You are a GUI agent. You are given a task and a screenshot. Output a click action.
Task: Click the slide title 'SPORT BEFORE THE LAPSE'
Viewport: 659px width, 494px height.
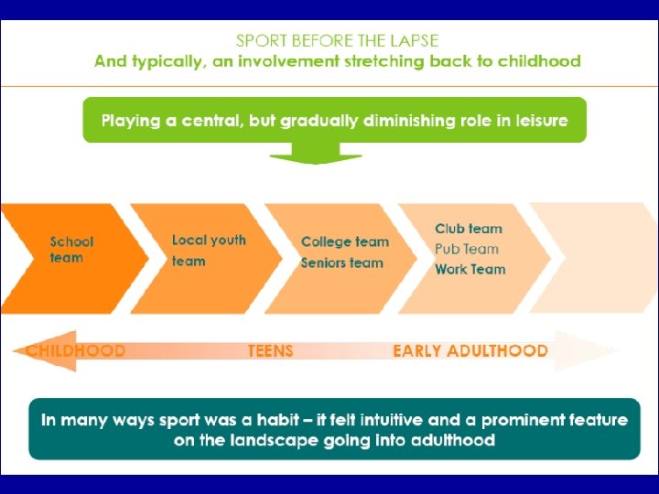click(337, 41)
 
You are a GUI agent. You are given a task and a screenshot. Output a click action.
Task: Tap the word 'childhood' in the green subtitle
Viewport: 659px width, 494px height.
click(541, 62)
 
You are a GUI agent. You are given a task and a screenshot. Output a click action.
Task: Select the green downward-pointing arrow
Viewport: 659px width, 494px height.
click(314, 152)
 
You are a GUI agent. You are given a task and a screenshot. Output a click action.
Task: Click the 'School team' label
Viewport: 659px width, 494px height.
click(71, 250)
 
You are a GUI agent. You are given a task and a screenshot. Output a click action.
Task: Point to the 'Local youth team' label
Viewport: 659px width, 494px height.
click(209, 250)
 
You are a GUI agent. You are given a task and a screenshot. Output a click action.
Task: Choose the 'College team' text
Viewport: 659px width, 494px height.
click(345, 242)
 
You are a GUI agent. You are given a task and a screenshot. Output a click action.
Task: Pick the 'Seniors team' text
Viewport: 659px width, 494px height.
click(342, 263)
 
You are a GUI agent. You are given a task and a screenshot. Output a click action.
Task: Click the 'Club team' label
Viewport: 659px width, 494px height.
click(469, 229)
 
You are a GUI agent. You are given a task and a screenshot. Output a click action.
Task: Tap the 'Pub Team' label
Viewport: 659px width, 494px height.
click(467, 249)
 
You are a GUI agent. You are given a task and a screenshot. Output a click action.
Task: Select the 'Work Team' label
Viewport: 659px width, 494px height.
click(470, 269)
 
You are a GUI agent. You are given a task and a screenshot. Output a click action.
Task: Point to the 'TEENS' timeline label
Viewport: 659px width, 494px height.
click(271, 350)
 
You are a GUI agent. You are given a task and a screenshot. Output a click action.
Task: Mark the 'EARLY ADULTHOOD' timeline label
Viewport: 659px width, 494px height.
click(470, 350)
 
